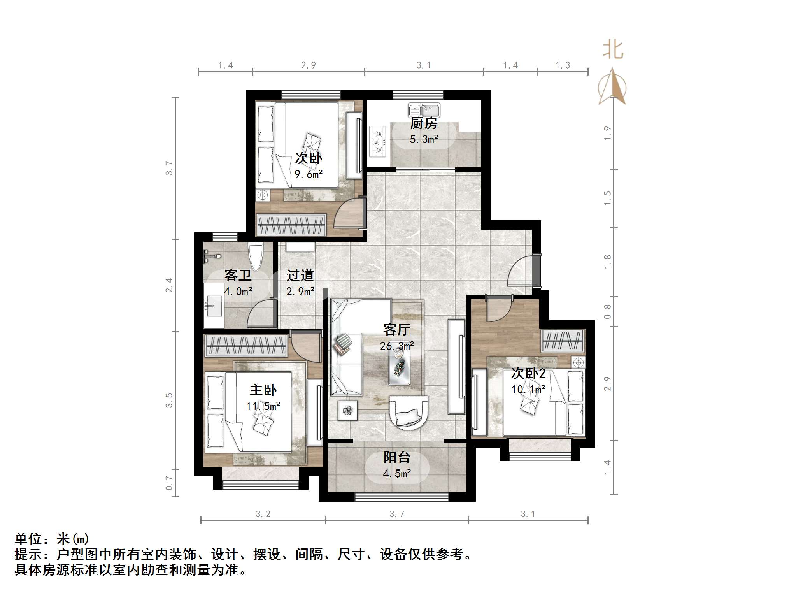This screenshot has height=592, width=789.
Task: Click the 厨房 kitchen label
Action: click(x=424, y=123)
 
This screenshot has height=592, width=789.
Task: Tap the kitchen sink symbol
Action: click(x=424, y=110)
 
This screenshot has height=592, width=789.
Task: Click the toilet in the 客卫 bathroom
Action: click(x=256, y=256)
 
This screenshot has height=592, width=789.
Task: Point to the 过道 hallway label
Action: click(x=300, y=275)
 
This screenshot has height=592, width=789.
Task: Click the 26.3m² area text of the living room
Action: click(x=396, y=346)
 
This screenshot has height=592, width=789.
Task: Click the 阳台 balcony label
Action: click(x=396, y=457)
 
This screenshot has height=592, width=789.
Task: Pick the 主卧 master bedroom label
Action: click(x=263, y=390)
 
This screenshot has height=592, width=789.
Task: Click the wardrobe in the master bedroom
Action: click(x=246, y=345)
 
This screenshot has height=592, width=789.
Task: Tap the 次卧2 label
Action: click(x=528, y=374)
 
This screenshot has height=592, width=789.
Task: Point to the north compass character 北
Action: click(x=613, y=50)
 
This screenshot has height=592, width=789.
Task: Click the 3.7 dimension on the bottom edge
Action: click(x=397, y=514)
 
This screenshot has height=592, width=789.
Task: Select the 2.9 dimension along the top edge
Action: click(x=308, y=65)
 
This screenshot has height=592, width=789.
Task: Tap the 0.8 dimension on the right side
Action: click(x=607, y=312)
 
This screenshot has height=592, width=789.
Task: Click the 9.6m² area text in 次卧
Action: click(x=308, y=174)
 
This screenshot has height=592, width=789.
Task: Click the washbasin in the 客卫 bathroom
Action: click(x=213, y=306)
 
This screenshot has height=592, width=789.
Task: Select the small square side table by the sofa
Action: click(x=347, y=410)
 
